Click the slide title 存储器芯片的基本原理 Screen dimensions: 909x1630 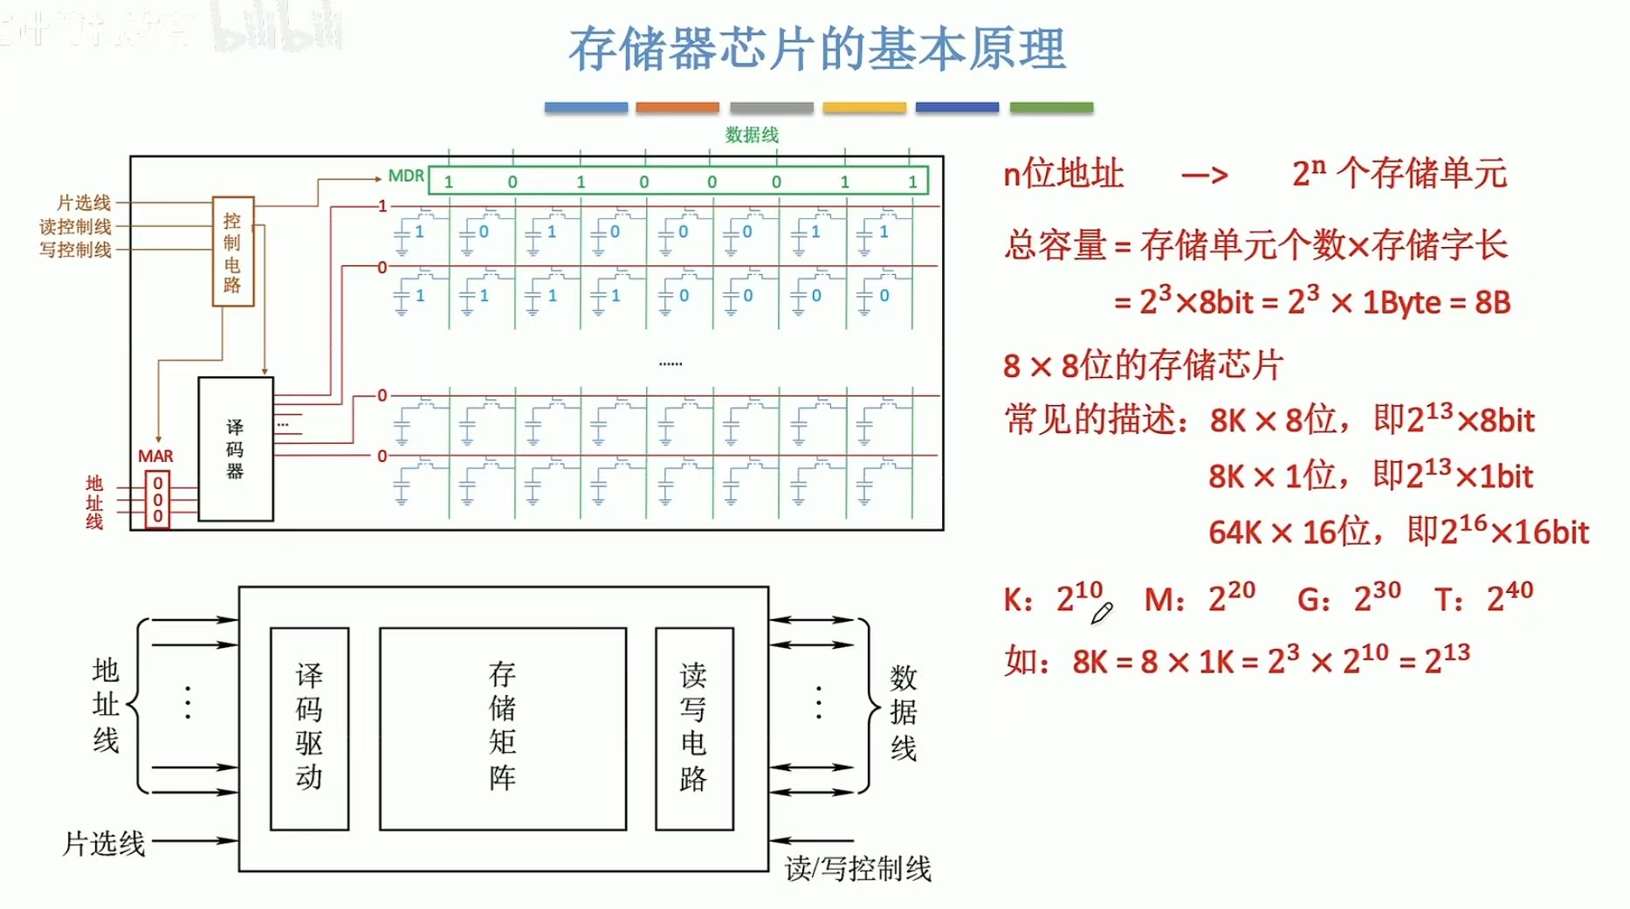[x=816, y=49]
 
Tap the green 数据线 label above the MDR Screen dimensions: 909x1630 [x=752, y=134]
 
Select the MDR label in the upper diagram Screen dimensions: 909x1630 [x=406, y=176]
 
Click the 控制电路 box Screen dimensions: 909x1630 [x=233, y=251]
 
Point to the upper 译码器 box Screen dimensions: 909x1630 [x=236, y=449]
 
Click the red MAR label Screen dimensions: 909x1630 [x=155, y=456]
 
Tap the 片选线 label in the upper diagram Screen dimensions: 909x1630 [x=84, y=203]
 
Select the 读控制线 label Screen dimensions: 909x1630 [x=75, y=226]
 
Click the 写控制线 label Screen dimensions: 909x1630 [x=75, y=250]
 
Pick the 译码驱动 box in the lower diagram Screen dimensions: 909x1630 [x=309, y=728]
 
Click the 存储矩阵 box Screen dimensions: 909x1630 [x=503, y=728]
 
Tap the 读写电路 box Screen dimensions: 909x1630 [x=694, y=728]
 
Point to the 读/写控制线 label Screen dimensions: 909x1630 [x=857, y=868]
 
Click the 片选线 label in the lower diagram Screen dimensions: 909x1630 [x=104, y=844]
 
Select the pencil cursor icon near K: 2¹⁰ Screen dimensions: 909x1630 [x=1101, y=613]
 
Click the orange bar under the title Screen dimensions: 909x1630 [x=677, y=107]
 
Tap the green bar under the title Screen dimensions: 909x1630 [x=1051, y=107]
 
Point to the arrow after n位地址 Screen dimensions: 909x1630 [x=1205, y=176]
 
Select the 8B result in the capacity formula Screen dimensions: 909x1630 [x=1492, y=302]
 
